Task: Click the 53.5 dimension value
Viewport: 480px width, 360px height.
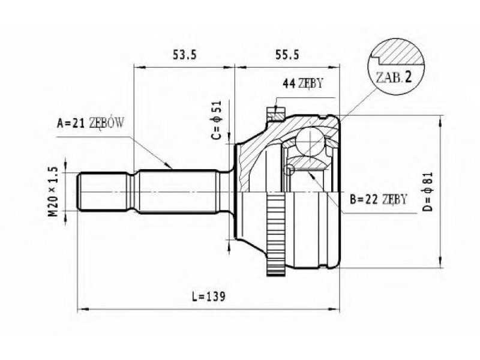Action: click(184, 55)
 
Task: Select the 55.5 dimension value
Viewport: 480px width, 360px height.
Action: click(287, 55)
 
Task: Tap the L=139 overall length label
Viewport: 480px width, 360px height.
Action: click(208, 296)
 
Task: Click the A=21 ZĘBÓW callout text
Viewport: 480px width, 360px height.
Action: click(91, 123)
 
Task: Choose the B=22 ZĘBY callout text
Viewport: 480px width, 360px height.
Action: click(379, 200)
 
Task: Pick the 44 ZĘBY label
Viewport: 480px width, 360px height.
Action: click(302, 83)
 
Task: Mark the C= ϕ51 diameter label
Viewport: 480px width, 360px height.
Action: click(217, 120)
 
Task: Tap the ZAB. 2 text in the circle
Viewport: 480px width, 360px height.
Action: click(394, 77)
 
